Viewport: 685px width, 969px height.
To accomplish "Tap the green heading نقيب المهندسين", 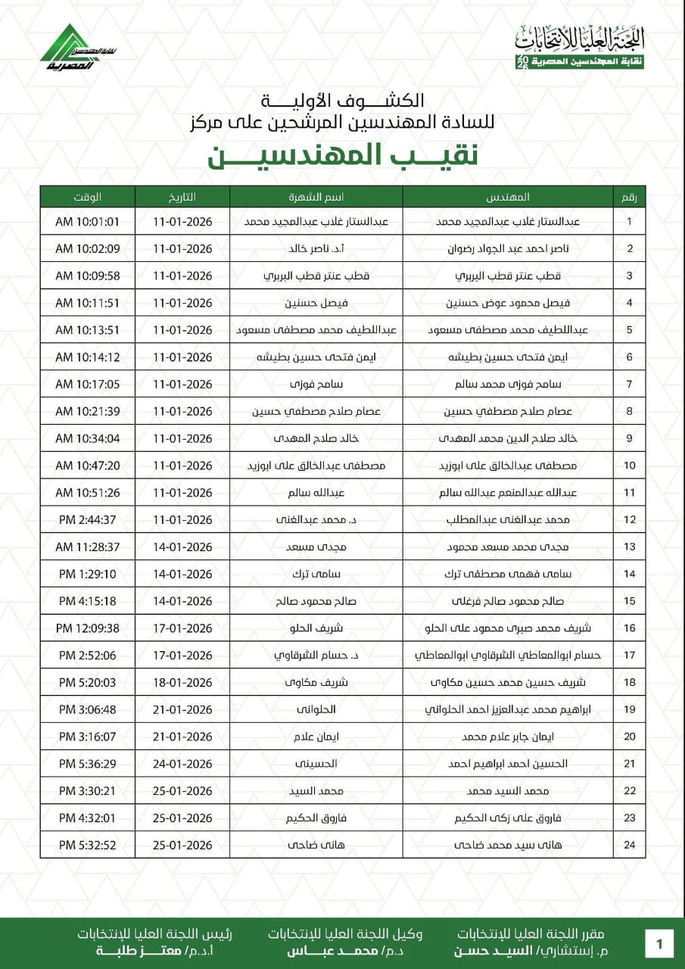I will pos(342,154).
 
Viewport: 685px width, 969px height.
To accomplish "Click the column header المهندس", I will pos(507,197).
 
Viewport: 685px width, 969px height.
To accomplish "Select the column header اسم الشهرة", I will pos(316,197).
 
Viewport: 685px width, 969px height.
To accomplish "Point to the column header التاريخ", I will pos(182,197).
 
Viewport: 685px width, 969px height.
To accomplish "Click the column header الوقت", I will pos(88,197).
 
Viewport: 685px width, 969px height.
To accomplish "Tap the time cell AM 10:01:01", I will pos(88,222).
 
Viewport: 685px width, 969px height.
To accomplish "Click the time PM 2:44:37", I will pos(88,519).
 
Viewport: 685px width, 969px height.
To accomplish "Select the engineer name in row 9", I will pos(508,438).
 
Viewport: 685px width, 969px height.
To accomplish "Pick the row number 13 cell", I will pos(629,547).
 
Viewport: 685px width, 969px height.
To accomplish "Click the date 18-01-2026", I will pos(182,682).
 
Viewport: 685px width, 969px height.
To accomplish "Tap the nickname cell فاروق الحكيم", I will pos(316,818).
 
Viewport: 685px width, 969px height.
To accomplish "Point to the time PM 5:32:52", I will pos(88,844).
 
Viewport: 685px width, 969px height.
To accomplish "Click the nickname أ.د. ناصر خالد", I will pos(316,249).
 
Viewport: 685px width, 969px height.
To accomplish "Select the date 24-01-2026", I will pos(182,763).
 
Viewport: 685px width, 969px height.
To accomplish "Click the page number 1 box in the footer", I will pos(659,944).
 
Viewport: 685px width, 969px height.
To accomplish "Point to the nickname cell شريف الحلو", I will pos(316,628).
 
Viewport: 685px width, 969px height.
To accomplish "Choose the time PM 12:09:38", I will pos(88,628).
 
